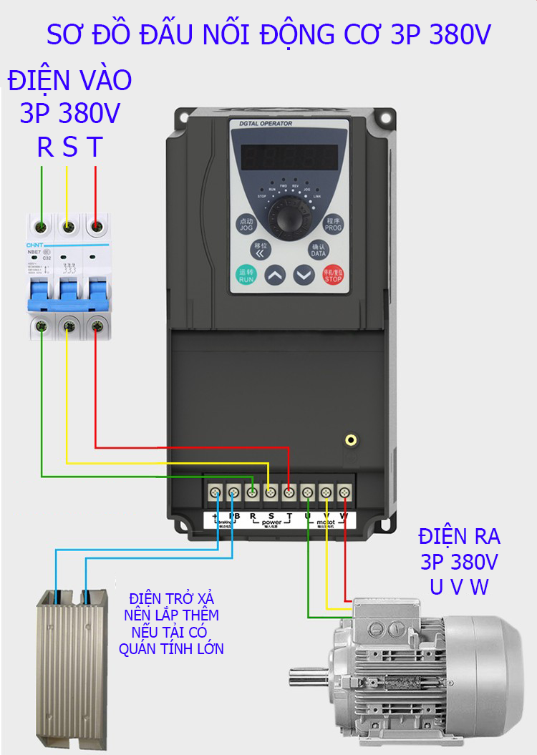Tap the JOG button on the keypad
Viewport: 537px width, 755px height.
[246, 223]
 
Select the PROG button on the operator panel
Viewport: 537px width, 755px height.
[334, 223]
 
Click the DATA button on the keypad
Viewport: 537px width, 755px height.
[318, 250]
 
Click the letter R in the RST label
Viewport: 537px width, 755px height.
[45, 147]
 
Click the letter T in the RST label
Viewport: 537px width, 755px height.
[95, 147]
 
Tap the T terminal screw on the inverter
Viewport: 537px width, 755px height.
[289, 492]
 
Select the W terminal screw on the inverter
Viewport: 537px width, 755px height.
[344, 492]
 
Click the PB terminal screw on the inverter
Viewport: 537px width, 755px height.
[233, 492]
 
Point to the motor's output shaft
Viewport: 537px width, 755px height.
[307, 673]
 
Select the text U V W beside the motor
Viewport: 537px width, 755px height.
[459, 587]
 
